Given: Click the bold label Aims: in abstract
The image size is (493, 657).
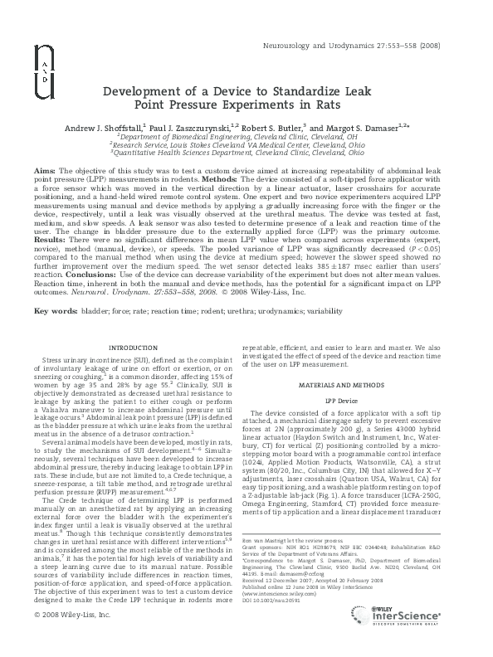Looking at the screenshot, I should click(x=45, y=169).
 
